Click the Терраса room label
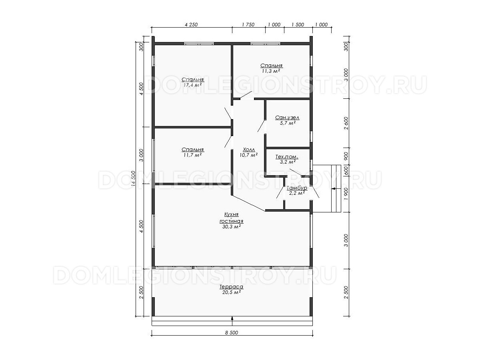pyautogui.click(x=231, y=286)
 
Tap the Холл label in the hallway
pyautogui.click(x=249, y=150)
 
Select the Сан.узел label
pyautogui.click(x=287, y=118)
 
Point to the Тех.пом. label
pyautogui.click(x=287, y=157)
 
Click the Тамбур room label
pyautogui.click(x=297, y=188)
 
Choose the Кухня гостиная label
pyautogui.click(x=231, y=218)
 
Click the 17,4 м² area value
pyautogui.click(x=192, y=85)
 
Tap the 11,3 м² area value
pyautogui.click(x=271, y=71)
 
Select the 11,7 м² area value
pyautogui.click(x=192, y=155)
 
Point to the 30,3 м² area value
pyautogui.click(x=231, y=227)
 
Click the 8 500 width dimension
pyautogui.click(x=231, y=333)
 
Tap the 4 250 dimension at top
pyautogui.click(x=191, y=25)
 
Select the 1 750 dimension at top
pyautogui.click(x=248, y=25)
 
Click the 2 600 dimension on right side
pyautogui.click(x=346, y=123)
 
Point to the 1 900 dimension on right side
pyautogui.click(x=346, y=194)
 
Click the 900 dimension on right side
pyautogui.click(x=346, y=156)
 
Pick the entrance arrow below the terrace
pyautogui.click(x=232, y=318)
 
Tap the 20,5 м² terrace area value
pyautogui.click(x=231, y=292)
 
